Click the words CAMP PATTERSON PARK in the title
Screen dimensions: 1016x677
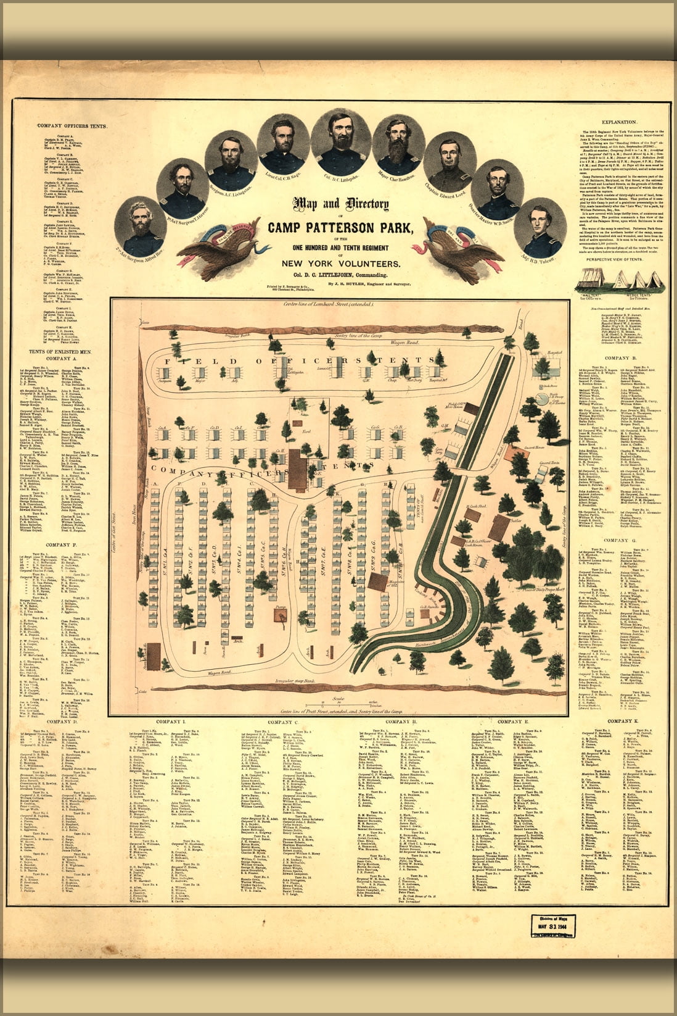tap(340, 227)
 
